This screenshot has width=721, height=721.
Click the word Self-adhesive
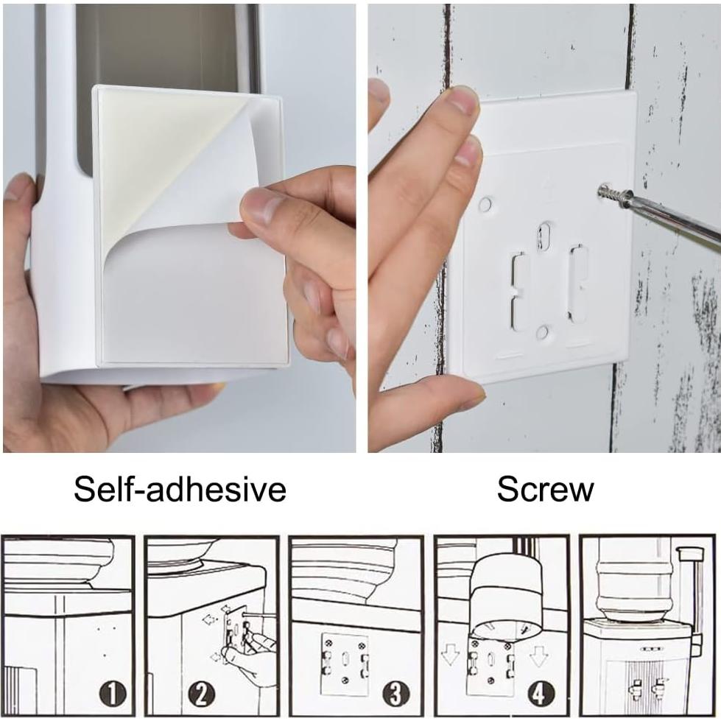click(x=180, y=489)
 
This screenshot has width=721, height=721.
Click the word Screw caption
click(x=545, y=489)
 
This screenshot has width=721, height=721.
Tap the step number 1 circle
click(x=112, y=693)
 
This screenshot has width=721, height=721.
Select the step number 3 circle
click(x=396, y=693)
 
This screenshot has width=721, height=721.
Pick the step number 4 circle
click(x=541, y=693)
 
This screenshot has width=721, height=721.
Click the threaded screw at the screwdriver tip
click(x=611, y=194)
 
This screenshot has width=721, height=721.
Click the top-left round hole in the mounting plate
click(x=485, y=204)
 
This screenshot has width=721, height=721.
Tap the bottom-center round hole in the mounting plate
click(x=543, y=333)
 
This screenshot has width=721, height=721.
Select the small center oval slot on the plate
click(x=544, y=236)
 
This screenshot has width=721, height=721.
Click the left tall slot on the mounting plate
click(x=519, y=291)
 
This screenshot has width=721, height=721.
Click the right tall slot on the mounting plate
click(x=577, y=284)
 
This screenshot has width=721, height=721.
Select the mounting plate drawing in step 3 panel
click(x=345, y=663)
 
